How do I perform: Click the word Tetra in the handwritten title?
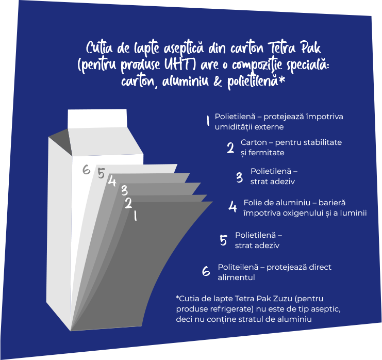[282, 47]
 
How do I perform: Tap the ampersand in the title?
[218, 81]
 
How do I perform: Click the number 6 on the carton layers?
[86, 170]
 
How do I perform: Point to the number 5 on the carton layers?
[101, 173]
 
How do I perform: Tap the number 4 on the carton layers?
[112, 181]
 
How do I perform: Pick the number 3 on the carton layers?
[124, 190]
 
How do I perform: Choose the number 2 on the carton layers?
[128, 203]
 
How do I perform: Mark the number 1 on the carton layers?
[135, 216]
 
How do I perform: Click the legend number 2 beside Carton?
[230, 148]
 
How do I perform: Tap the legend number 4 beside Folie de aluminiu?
[232, 207]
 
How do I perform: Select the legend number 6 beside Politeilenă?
[206, 271]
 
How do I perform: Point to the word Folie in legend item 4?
[252, 203]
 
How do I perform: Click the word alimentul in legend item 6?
[236, 277]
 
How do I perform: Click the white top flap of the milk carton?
[97, 119]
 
